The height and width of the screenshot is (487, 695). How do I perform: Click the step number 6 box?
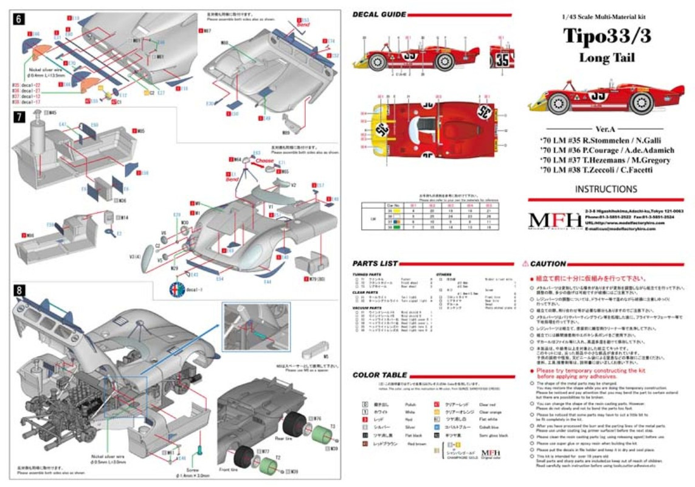(19, 18)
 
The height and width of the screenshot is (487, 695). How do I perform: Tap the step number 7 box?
(19, 116)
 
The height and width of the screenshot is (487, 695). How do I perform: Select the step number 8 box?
(19, 290)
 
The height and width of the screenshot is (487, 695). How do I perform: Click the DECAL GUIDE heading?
(379, 14)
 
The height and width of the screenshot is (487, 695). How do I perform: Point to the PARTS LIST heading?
(375, 264)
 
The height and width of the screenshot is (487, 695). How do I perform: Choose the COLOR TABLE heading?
(380, 375)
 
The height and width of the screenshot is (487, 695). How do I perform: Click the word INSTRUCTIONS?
(606, 189)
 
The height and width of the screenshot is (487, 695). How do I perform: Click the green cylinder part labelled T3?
(322, 436)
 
